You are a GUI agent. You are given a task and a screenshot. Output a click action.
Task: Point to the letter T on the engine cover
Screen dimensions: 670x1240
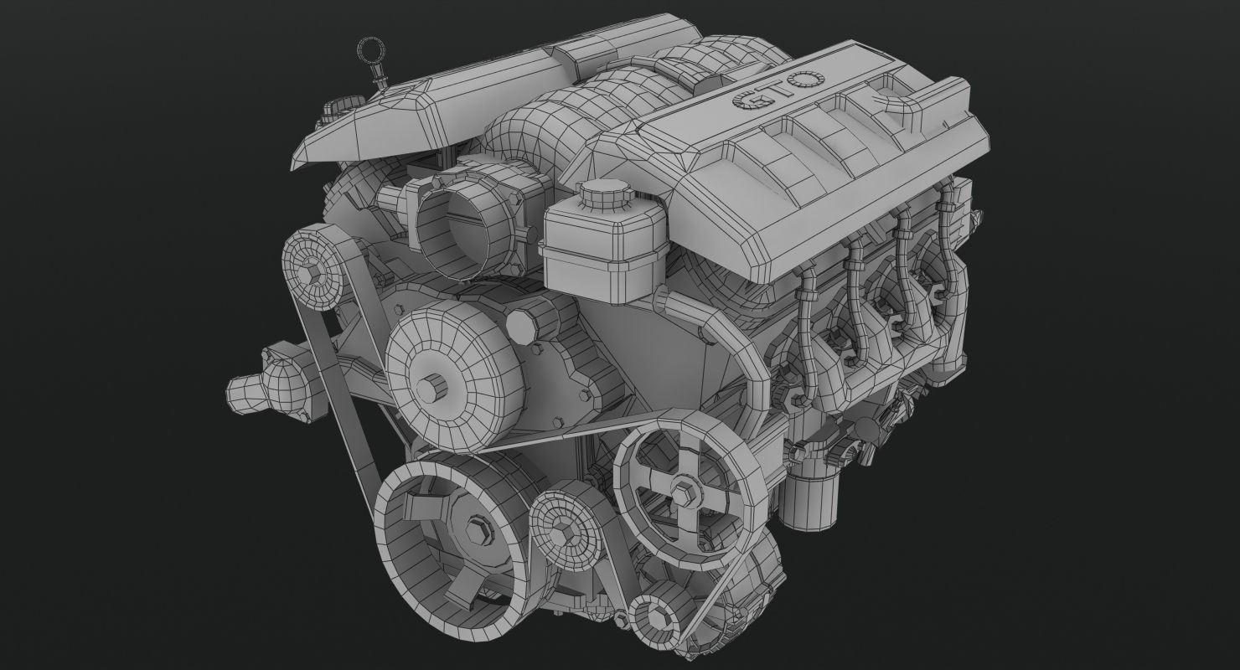coord(775,90)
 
